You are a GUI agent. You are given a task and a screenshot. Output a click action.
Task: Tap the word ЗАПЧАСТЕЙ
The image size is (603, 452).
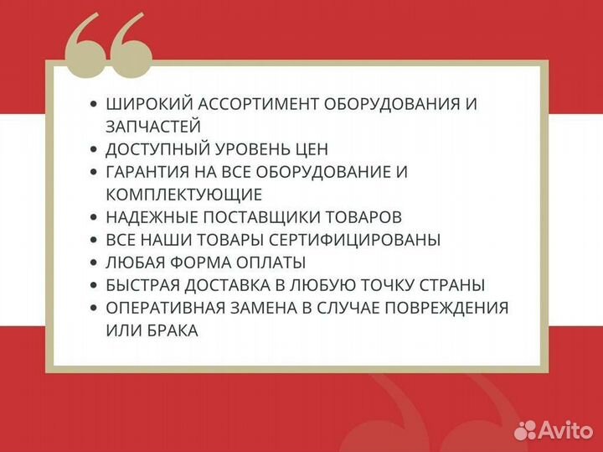tap(153, 126)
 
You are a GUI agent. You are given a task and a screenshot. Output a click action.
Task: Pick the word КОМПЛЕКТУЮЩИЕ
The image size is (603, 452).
tap(184, 195)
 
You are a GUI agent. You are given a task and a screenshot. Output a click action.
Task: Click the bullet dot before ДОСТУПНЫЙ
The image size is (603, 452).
tap(92, 149)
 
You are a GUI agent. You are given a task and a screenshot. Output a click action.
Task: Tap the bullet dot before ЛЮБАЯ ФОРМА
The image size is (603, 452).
tap(92, 262)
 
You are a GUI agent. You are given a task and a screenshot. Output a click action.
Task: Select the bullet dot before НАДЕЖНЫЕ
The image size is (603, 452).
tap(92, 217)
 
